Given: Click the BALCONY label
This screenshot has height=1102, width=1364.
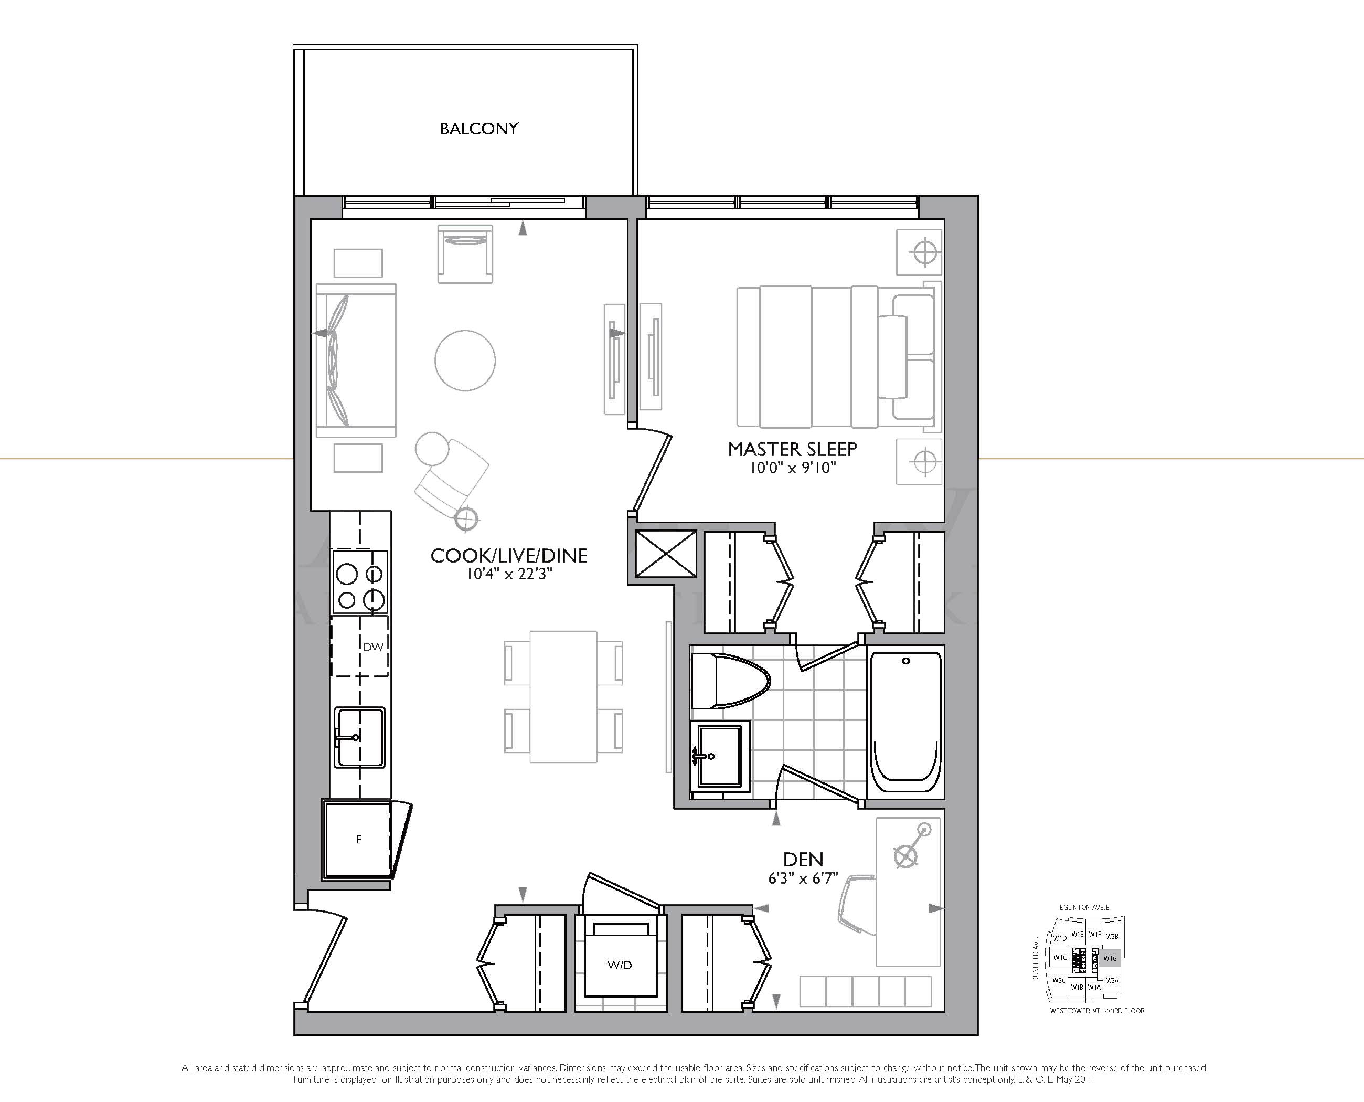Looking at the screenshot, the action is click(478, 129).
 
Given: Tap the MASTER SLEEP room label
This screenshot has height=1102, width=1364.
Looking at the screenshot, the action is click(792, 449).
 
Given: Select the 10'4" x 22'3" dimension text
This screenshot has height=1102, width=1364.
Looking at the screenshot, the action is click(509, 575).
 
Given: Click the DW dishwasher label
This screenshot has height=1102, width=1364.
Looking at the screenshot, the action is click(373, 647).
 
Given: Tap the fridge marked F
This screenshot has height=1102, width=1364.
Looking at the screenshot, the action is click(357, 839).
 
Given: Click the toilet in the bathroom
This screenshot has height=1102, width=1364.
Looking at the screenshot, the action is click(729, 681).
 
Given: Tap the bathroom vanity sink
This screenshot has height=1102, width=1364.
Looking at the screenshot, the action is click(719, 756).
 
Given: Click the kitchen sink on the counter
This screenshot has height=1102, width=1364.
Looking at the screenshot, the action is click(360, 737).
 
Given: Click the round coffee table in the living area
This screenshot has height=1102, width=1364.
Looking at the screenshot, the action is click(465, 360).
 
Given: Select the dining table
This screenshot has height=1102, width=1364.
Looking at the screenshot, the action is click(563, 696).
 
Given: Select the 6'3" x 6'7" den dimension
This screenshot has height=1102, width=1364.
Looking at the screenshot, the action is click(803, 878).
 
